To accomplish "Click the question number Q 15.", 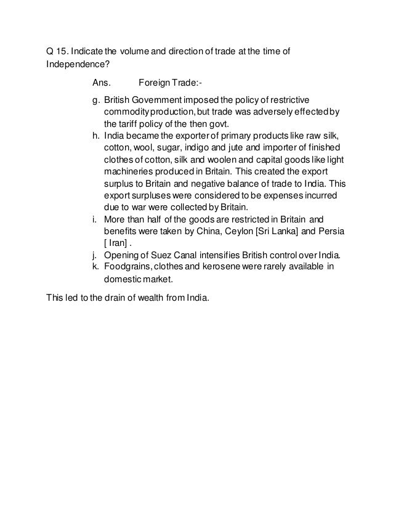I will pyautogui.click(x=57, y=51).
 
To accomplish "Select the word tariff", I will pyautogui.click(x=128, y=123).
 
